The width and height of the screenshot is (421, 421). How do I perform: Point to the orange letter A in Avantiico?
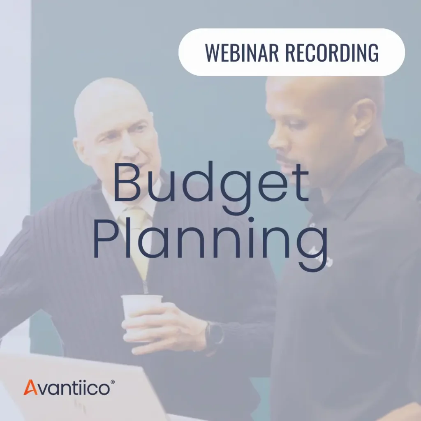pos(30,387)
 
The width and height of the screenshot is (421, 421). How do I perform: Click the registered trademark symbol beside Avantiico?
pos(113,382)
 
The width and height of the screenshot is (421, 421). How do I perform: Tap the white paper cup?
pos(141,306)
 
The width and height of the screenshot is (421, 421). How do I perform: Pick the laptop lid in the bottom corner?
pos(82,386)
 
